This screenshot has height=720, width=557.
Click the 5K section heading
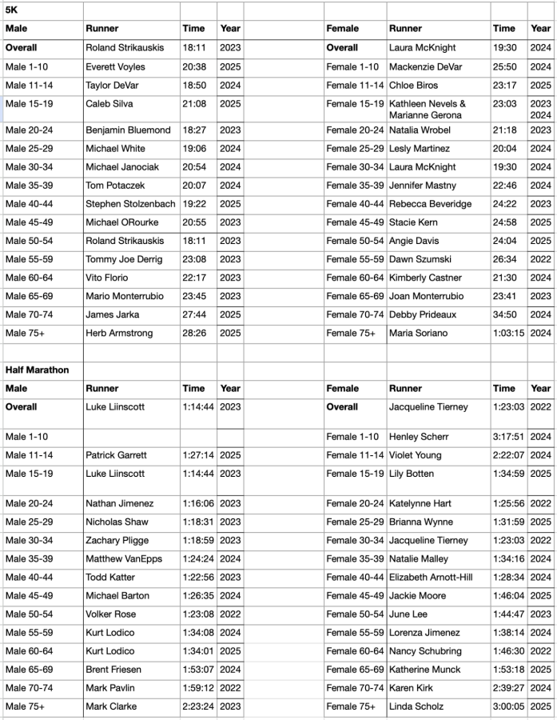[11, 10]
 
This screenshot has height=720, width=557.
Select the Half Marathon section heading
[37, 370]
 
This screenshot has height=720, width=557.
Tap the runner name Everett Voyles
[115, 67]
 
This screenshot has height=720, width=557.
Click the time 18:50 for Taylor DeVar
[193, 86]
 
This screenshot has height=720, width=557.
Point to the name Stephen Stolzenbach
[130, 204]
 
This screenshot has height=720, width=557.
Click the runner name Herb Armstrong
[119, 333]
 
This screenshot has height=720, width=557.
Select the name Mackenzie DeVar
[425, 67]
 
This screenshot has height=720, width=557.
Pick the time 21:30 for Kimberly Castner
[505, 278]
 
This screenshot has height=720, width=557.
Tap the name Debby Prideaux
[423, 314]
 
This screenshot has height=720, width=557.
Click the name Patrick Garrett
[116, 455]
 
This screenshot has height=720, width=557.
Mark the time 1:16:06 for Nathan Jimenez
[197, 503]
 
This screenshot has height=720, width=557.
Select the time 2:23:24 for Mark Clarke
[197, 706]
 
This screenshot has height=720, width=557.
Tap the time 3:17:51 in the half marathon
[508, 437]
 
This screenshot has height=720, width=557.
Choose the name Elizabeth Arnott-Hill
[431, 578]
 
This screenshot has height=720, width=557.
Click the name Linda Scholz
[416, 706]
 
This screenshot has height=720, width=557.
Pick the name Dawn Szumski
[420, 259]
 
